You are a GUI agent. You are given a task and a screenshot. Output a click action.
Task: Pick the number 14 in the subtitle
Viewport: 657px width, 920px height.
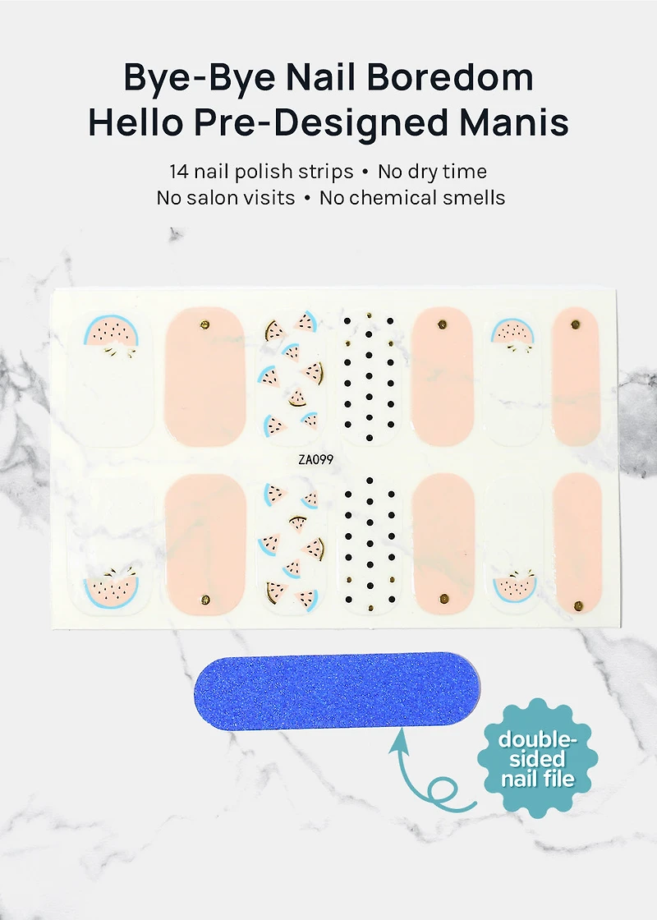pos(180,172)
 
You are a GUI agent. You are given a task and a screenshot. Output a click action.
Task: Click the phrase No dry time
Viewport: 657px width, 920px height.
pos(432,172)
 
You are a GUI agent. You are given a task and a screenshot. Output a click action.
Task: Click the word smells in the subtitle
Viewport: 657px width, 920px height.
pos(476,198)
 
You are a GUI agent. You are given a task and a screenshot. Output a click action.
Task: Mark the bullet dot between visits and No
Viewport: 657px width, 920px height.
pos(307,199)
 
